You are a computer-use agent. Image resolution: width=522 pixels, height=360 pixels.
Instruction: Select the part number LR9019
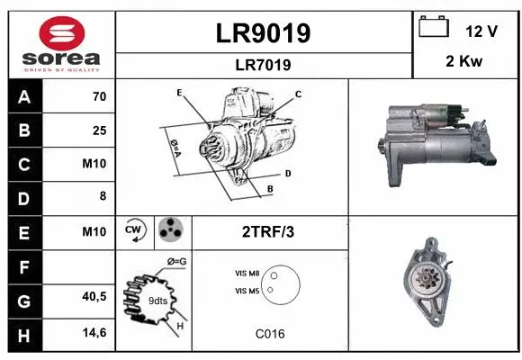[x=264, y=33]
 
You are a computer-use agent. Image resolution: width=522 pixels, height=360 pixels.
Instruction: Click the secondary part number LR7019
[x=264, y=65]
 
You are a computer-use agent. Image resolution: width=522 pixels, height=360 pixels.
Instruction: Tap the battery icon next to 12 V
[x=434, y=29]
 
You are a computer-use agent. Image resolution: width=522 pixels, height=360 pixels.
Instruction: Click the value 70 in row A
[x=99, y=97]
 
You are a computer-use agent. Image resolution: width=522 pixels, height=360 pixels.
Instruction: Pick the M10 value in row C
[x=94, y=164]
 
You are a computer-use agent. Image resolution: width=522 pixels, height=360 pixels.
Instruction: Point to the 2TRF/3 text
[x=268, y=232]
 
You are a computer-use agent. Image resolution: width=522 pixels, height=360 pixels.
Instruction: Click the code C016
[x=269, y=334]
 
